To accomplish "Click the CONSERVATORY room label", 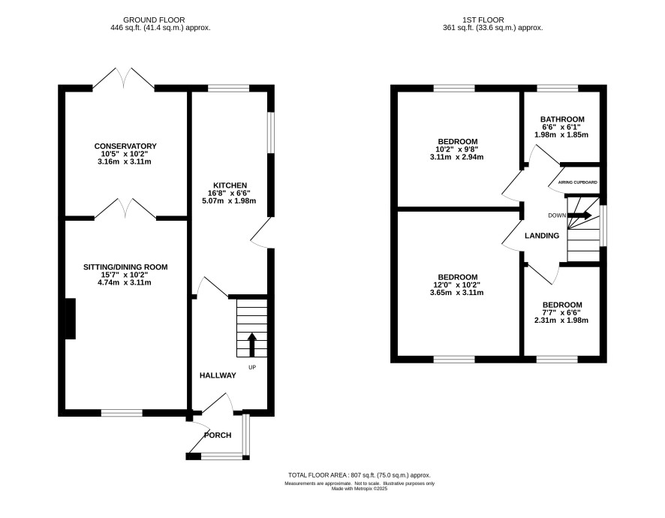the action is [125, 146].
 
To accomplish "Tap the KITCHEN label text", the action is [230, 185].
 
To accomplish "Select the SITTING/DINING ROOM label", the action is [125, 267].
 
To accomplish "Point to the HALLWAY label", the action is [218, 375].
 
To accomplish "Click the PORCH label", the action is [218, 435].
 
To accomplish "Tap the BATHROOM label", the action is [562, 119].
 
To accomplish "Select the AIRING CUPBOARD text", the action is [578, 182].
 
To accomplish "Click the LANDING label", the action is [542, 236].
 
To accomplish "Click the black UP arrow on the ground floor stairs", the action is [252, 345].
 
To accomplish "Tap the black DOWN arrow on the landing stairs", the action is [579, 215].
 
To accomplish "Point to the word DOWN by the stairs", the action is [557, 215].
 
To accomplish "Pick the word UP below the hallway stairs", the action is [252, 367].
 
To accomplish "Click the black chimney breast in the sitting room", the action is [71, 318].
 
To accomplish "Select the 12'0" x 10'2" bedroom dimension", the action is [457, 285].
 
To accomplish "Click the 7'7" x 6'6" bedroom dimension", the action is [562, 312].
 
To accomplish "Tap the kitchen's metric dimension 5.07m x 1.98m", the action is [230, 200].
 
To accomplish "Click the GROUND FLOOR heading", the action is [154, 20].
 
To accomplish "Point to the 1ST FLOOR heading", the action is [483, 20].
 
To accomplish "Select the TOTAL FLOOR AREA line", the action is [360, 475].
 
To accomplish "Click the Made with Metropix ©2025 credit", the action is [360, 489].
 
